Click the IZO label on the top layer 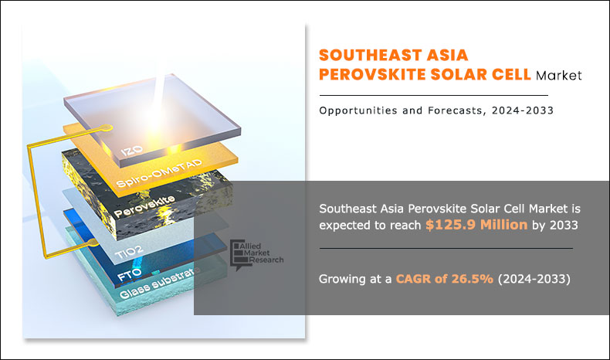coord(131,150)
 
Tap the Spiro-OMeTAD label coord(159,173)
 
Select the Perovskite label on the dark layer coord(144,207)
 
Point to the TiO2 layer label coord(129,253)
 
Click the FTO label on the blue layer coord(129,275)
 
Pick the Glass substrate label coord(160,283)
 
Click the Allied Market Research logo coord(256,254)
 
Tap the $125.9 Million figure coord(476,225)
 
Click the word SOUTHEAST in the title coord(371,56)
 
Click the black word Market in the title coord(558,75)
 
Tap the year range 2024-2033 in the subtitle coord(523,110)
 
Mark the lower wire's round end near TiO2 coord(93,243)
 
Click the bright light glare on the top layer coord(157,117)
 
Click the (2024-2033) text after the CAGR coord(534,279)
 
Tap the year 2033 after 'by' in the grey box coord(564,226)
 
